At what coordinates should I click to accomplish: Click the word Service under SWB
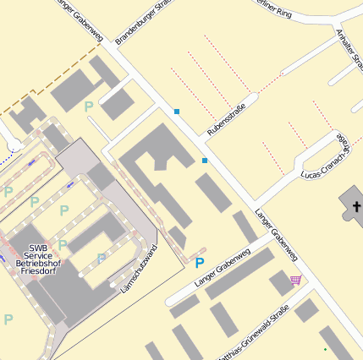38,255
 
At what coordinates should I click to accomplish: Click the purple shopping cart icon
295,280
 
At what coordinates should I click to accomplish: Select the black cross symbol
356,207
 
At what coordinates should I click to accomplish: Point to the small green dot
325,349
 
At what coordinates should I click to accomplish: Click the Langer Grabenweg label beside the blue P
223,268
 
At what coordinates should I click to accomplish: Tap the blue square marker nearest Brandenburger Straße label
177,112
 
